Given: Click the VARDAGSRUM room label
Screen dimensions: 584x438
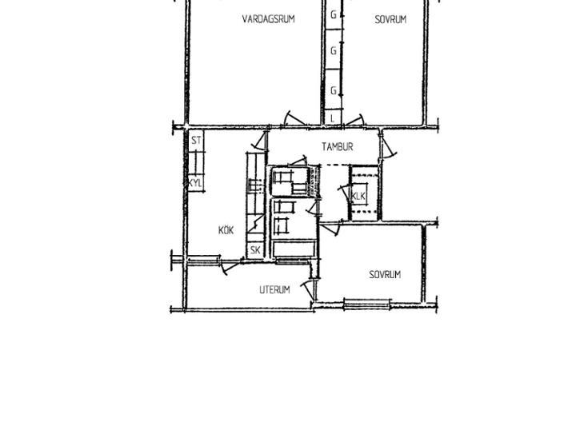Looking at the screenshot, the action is coord(268,18).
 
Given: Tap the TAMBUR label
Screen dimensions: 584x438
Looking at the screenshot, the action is coord(337,146).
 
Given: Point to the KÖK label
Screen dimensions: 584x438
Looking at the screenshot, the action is coord(226,230).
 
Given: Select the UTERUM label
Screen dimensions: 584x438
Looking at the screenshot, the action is coord(274,289).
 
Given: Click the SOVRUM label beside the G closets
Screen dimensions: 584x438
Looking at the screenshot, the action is coord(390,19).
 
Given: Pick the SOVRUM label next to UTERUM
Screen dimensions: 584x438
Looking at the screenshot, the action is coord(385,275).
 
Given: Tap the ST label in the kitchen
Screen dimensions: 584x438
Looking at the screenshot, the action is coord(196,141).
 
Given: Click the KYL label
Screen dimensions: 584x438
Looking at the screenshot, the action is coord(195,183).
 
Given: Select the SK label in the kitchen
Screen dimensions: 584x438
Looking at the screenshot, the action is coord(255,250).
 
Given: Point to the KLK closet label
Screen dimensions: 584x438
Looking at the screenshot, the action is coord(358,196).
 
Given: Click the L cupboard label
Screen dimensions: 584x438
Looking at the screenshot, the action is coord(333,119).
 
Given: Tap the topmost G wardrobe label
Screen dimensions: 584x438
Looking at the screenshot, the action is coord(334,15).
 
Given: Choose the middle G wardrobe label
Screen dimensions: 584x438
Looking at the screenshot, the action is coord(334,50).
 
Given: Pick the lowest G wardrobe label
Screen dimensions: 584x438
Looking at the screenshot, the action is coord(334,90).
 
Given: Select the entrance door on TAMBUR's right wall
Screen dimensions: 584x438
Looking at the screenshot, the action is coord(388,145).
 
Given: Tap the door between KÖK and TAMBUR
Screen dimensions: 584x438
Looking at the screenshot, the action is coord(260,141).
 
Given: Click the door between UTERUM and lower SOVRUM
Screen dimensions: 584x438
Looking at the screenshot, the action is coord(308,289).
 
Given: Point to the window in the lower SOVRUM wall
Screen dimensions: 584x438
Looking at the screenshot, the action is coord(367,304).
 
